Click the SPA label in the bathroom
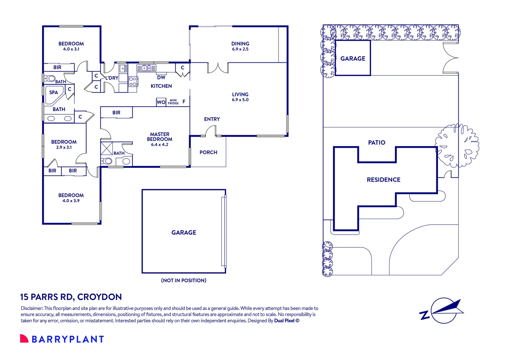pyautogui.click(x=54, y=93)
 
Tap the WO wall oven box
pyautogui.click(x=161, y=102)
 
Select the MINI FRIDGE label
pyautogui.click(x=173, y=102)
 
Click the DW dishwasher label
pyautogui.click(x=161, y=78)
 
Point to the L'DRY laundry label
pyautogui.click(x=112, y=78)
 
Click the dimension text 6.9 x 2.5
pyautogui.click(x=240, y=49)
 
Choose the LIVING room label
pyautogui.click(x=240, y=94)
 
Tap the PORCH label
pyautogui.click(x=209, y=152)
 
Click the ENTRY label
pyautogui.click(x=212, y=119)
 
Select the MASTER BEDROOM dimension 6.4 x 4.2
pyautogui.click(x=160, y=145)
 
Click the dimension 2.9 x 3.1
pyautogui.click(x=64, y=147)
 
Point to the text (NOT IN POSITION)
pyautogui.click(x=184, y=280)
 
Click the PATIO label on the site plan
pyautogui.click(x=377, y=143)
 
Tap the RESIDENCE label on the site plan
pyautogui.click(x=383, y=180)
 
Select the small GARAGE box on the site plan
pyautogui.click(x=353, y=58)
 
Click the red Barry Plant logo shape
pyautogui.click(x=24, y=338)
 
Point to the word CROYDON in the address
pyautogui.click(x=100, y=297)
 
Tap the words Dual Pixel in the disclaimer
pyautogui.click(x=284, y=321)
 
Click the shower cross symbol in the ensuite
pyautogui.click(x=107, y=149)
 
